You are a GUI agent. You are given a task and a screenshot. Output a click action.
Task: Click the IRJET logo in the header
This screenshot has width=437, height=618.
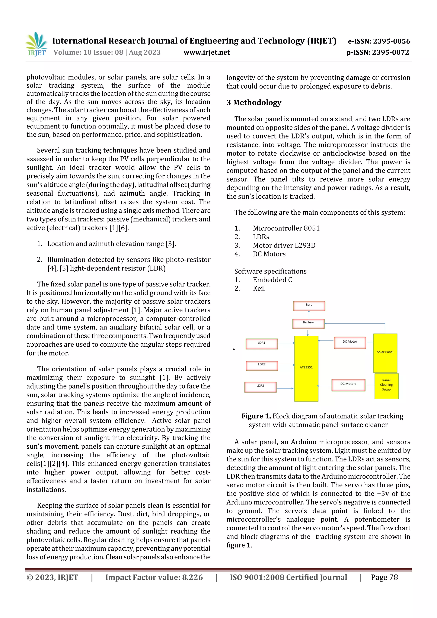[x=37, y=44]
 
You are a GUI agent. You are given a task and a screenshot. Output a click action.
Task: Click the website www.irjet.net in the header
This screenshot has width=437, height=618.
[x=207, y=52]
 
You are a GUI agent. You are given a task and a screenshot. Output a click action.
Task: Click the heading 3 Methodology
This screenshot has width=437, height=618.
[x=254, y=103]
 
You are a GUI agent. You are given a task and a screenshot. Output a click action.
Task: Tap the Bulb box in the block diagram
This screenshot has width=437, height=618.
[x=309, y=306]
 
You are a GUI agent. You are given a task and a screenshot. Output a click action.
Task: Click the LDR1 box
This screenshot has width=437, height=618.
[x=261, y=344]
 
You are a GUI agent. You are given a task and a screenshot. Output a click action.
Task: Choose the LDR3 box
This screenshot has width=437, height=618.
[x=260, y=387]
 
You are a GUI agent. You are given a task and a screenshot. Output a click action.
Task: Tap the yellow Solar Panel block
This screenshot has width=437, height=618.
[x=385, y=353]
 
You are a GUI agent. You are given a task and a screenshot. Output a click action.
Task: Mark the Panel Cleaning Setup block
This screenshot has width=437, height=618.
[x=386, y=386]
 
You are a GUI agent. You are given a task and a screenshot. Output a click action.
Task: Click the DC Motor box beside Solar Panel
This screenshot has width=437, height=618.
[x=350, y=342]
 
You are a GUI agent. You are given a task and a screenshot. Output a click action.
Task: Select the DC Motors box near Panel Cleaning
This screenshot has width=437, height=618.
[x=348, y=385]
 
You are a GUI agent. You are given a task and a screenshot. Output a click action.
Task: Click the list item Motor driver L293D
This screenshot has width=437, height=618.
[x=284, y=246]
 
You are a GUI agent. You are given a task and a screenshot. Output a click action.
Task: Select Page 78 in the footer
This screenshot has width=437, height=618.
[x=384, y=577]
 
